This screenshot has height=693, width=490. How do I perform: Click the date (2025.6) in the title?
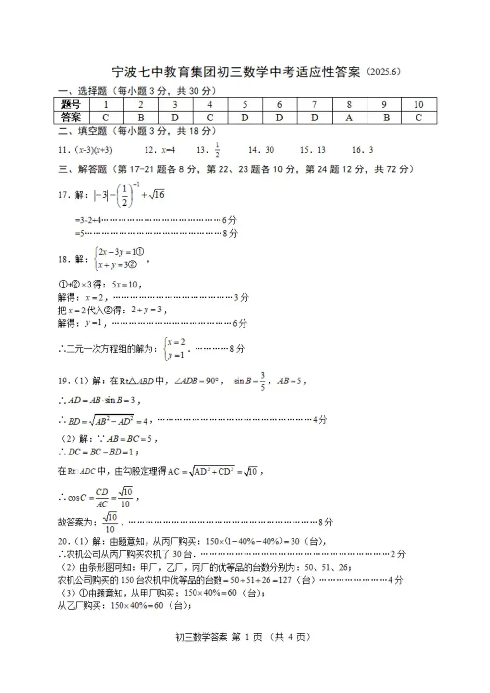[383, 72]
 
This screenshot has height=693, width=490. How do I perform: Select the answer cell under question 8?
[349, 118]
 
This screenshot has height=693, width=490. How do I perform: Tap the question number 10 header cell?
[418, 104]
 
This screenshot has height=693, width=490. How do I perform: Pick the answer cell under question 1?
[105, 118]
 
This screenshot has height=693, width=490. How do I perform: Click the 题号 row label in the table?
[71, 104]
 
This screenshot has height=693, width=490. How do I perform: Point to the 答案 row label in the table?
[71, 118]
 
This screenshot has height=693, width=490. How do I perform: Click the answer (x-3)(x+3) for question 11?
[93, 150]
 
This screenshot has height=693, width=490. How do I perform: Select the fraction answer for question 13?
[217, 150]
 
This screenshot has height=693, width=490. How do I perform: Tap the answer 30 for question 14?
[269, 150]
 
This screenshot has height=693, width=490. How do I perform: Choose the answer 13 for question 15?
[321, 150]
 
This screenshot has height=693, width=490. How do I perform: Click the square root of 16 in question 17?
[157, 195]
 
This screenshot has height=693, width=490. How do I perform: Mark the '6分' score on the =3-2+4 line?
[229, 220]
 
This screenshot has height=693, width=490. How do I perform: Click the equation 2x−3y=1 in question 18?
[121, 252]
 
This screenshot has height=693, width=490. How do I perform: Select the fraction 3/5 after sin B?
[263, 381]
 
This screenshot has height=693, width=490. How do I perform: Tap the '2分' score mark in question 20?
[398, 554]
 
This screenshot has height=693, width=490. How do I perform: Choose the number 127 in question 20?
[285, 580]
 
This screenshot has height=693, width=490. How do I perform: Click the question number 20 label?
[64, 542]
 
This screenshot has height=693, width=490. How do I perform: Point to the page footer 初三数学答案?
[201, 637]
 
